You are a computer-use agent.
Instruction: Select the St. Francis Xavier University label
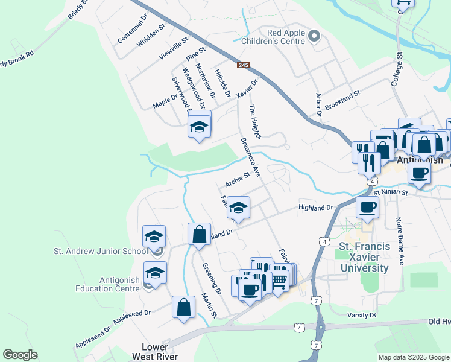[364, 257]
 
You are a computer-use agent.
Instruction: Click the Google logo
[20, 355]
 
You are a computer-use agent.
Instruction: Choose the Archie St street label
[238, 179]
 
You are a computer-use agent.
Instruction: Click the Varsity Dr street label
[362, 315]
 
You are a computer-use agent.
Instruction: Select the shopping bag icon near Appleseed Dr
[184, 306]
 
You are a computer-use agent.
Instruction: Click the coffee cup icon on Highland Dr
[367, 208]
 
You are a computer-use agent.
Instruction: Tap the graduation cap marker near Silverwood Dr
[199, 127]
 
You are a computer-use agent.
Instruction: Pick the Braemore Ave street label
[250, 157]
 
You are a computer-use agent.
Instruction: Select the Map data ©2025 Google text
[414, 357]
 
